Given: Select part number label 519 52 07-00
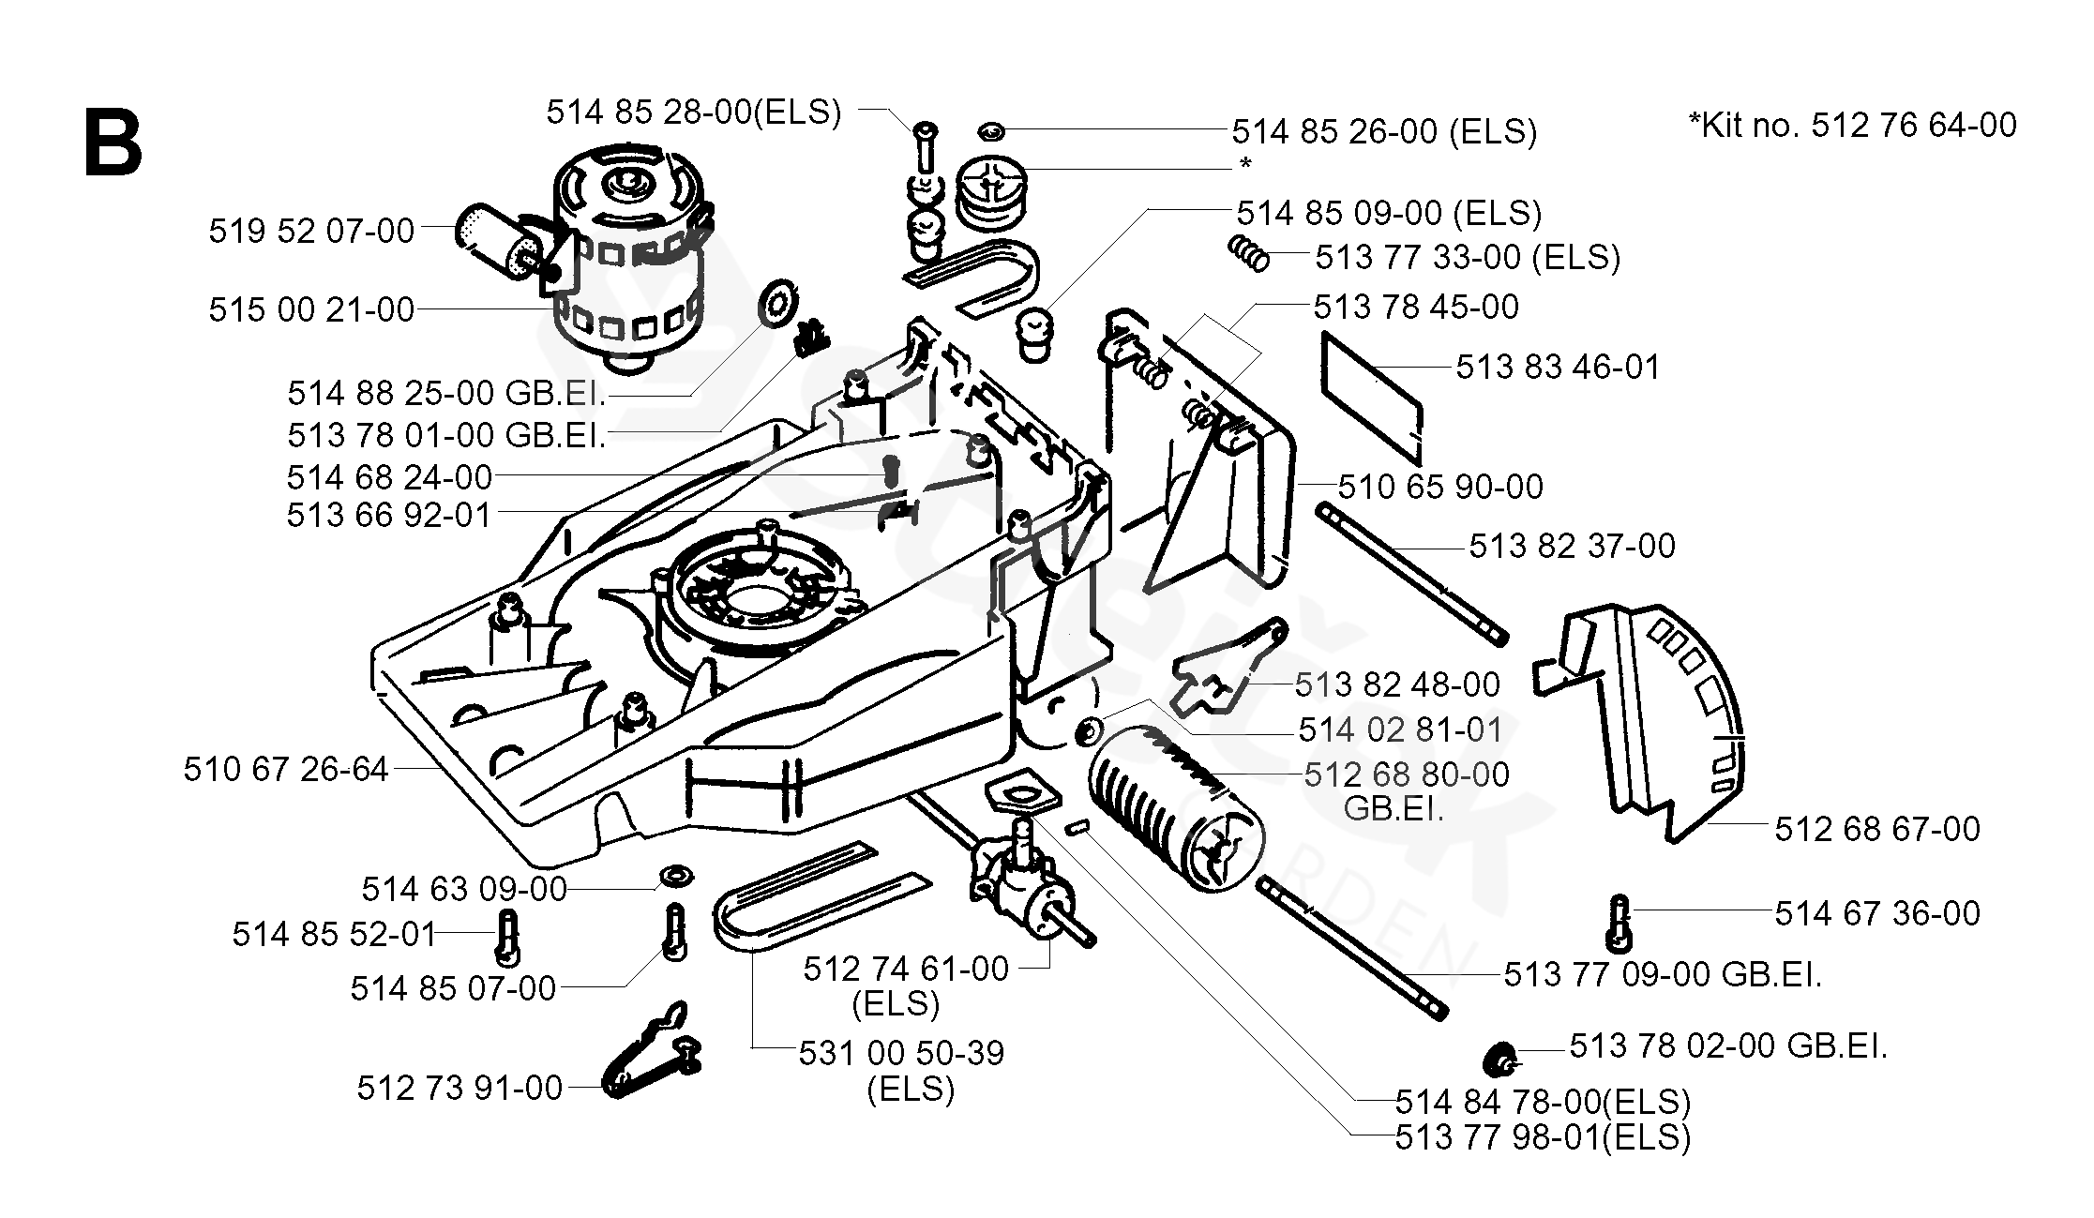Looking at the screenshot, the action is [311, 231].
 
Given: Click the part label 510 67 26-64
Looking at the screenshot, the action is [286, 770].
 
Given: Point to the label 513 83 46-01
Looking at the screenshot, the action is [1559, 367].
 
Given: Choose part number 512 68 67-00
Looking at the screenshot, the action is [1877, 829].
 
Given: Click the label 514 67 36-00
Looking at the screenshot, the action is [1877, 913].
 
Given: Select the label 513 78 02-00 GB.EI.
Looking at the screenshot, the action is [1728, 1046].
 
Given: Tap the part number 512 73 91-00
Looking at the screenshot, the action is [459, 1088].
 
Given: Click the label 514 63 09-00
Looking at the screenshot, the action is [465, 889].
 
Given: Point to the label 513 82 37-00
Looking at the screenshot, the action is [1572, 546].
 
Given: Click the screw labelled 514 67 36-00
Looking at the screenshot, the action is [1619, 923].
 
